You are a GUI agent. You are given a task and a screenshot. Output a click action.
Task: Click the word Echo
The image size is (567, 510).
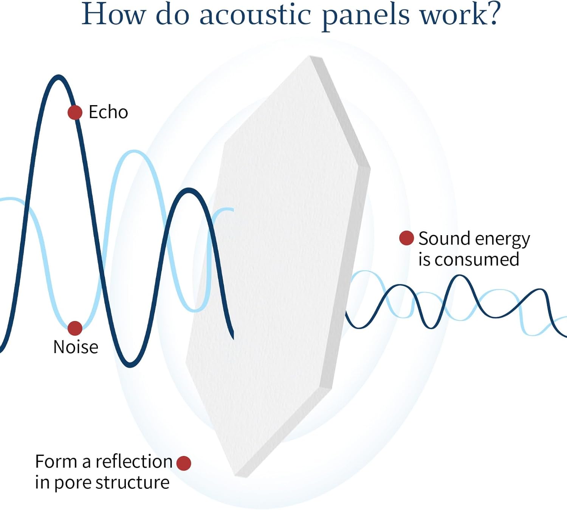click(108, 112)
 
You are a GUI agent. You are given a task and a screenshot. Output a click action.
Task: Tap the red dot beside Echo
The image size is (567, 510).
click(75, 112)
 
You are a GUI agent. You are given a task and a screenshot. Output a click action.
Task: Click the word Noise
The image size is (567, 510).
click(76, 347)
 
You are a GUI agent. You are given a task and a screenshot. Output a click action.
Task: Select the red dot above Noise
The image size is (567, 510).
click(75, 328)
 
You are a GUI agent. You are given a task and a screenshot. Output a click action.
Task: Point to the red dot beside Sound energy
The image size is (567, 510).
click(406, 238)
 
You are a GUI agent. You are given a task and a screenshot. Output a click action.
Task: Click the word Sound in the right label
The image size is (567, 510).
click(444, 239)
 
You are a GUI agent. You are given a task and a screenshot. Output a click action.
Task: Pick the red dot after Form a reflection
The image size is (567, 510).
click(184, 463)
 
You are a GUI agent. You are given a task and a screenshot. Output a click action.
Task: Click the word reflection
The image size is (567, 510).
click(134, 462)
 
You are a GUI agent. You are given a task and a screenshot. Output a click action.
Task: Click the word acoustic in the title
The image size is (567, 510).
click(255, 15)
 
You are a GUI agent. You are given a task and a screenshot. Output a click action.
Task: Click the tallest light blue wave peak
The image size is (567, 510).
click(134, 152)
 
